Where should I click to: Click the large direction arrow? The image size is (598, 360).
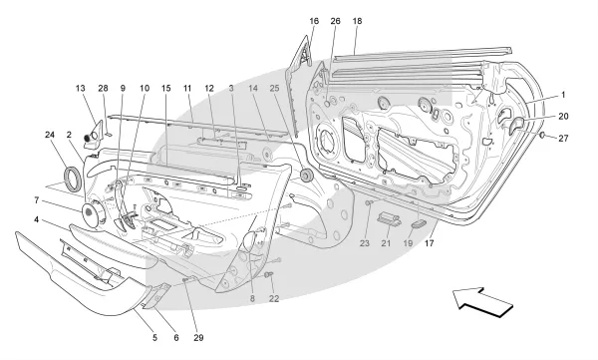(x=482, y=302)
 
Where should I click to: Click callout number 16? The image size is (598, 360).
(x=314, y=21)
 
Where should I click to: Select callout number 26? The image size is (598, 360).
(x=335, y=21)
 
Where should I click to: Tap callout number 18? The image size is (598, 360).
(x=357, y=21)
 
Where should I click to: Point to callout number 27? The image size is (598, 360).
(x=563, y=139)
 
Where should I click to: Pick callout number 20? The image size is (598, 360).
(x=563, y=117)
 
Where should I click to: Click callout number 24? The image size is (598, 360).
(x=50, y=135)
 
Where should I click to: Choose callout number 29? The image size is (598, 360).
(x=198, y=337)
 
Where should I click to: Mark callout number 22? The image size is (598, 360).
(x=274, y=298)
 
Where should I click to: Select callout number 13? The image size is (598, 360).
(x=80, y=88)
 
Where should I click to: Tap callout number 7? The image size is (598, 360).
(x=37, y=199)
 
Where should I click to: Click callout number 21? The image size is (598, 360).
(x=386, y=242)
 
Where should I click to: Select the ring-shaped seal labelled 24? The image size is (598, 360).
(x=73, y=178)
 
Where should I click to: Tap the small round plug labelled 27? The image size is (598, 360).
(x=542, y=135)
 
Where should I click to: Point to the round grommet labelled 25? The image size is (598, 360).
(x=306, y=176)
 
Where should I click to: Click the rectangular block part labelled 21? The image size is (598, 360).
(x=389, y=218)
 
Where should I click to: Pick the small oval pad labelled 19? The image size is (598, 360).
(x=418, y=223)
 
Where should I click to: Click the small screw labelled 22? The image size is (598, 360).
(x=268, y=274)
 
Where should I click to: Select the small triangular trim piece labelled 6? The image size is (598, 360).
(x=156, y=295)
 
